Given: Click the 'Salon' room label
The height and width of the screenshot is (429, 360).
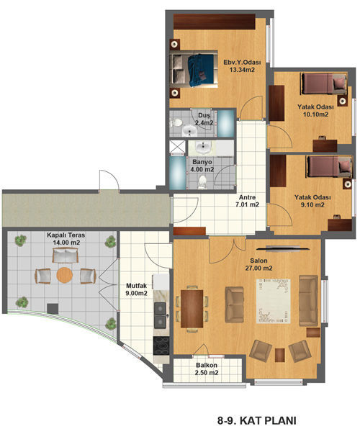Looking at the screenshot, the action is [x=258, y=261].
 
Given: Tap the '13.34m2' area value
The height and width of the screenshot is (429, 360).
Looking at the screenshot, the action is [x=243, y=70].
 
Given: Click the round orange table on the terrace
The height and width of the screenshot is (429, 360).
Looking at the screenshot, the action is [x=65, y=275].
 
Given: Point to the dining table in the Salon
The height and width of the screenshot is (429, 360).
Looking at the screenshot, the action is [x=192, y=309].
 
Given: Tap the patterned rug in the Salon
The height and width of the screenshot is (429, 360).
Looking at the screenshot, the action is [x=274, y=301].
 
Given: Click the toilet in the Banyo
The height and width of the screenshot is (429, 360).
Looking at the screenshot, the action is [x=202, y=183].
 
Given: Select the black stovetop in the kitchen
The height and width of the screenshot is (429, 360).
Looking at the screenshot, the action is [x=161, y=346].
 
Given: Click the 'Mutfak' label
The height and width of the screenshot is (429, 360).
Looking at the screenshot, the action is [x=136, y=286].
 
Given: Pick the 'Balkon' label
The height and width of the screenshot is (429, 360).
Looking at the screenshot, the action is [x=207, y=365].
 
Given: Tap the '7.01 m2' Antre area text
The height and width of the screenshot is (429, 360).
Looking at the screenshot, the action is [x=247, y=204].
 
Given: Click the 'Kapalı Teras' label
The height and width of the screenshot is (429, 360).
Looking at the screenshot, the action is [x=66, y=235].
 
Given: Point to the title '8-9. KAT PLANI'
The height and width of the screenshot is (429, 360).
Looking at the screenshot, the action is [x=257, y=420].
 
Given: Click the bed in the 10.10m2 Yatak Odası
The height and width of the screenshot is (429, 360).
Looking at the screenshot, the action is [x=323, y=83].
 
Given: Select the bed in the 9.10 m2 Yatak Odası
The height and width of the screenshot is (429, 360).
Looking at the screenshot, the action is [x=329, y=167].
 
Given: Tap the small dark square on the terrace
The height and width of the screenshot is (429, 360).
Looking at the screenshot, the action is [x=53, y=309].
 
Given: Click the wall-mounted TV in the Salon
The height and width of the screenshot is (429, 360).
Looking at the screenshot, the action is [x=284, y=248].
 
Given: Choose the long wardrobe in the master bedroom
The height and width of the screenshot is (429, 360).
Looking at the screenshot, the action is [x=215, y=22].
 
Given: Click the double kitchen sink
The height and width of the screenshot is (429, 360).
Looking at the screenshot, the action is [x=160, y=315].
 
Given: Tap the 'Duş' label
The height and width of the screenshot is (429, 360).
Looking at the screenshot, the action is [x=204, y=116].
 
